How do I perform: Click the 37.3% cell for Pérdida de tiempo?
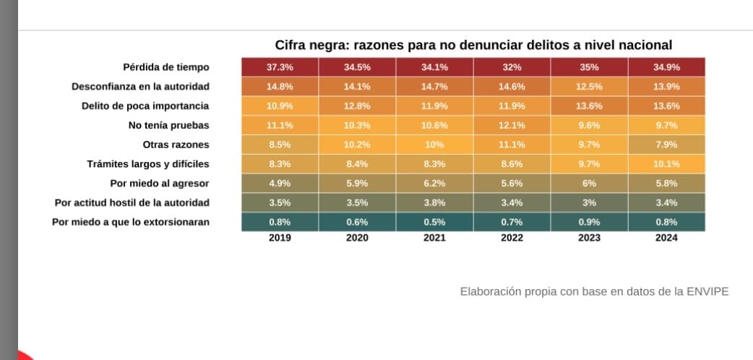[280, 67]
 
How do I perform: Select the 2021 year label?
[434, 237]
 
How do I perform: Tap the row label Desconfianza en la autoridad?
[140, 87]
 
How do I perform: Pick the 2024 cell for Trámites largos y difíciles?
[666, 164]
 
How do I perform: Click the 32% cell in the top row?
[512, 67]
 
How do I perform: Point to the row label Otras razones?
[176, 145]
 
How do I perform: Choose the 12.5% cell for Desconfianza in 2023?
[589, 86]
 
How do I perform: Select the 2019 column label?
[280, 237]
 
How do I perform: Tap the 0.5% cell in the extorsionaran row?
[434, 222]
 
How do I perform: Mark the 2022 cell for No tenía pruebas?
[512, 125]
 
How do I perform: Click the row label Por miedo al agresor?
[159, 183]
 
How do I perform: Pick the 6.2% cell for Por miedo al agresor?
[434, 184]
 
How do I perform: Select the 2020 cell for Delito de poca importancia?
[357, 106]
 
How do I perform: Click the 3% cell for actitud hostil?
[589, 202]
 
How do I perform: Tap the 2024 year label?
[666, 237]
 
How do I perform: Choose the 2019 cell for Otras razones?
[280, 145]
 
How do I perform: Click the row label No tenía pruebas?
[164, 125]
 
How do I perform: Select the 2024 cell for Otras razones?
[666, 145]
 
